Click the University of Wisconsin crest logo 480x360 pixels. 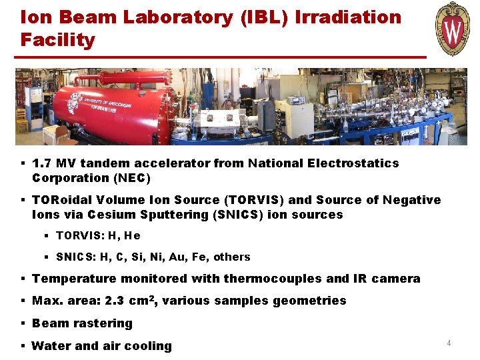point(453,29)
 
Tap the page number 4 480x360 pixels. point(449,343)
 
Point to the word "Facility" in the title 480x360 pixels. point(57,40)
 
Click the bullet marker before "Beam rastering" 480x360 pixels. point(23,323)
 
